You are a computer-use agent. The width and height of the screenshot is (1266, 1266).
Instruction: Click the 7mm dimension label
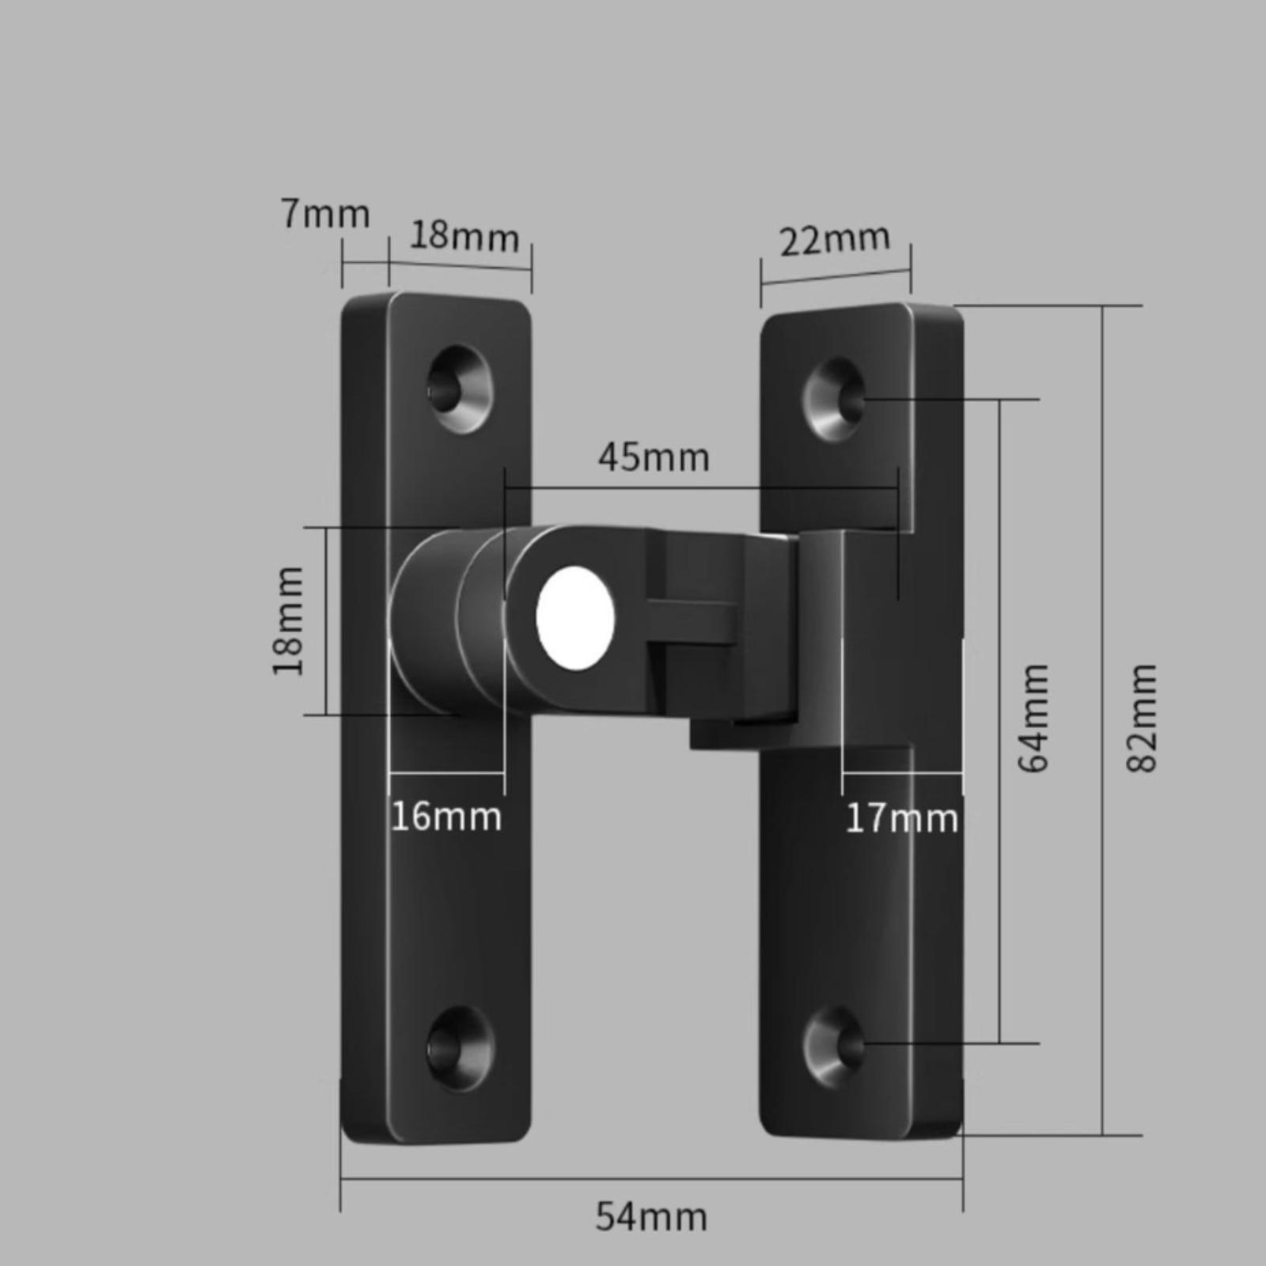coord(325,214)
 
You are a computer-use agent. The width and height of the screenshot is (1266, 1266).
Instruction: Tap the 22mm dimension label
coord(835,240)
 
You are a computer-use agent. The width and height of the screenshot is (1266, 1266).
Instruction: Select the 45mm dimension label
coord(654,458)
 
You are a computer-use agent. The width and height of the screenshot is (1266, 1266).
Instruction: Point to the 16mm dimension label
coord(446,817)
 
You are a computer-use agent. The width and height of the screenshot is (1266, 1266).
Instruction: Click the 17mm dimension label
coord(902,818)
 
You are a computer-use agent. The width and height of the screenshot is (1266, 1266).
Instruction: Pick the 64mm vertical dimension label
coord(1033,718)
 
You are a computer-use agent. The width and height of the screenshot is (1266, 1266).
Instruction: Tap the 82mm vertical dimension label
coord(1142,718)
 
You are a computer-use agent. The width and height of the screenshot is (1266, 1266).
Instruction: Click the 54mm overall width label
coord(651,1216)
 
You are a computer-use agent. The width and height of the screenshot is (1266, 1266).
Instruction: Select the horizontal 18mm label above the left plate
coord(464,236)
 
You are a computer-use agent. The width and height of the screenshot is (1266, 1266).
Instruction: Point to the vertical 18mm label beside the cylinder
coord(288,621)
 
